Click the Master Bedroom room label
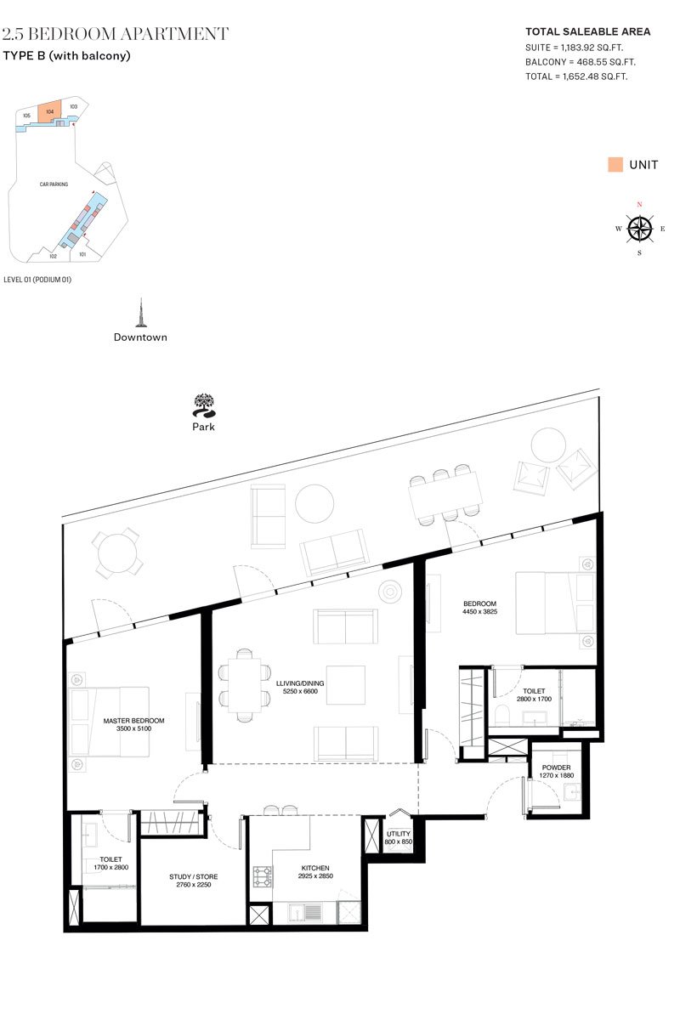[x=133, y=721]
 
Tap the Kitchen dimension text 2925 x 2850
[x=315, y=875]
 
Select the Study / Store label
[x=193, y=876]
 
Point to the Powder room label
[x=556, y=768]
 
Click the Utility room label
[x=399, y=834]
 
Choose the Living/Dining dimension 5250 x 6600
[x=300, y=691]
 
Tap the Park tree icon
[x=204, y=405]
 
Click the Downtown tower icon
[x=141, y=313]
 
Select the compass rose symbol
[x=639, y=229]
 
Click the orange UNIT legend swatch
[x=615, y=164]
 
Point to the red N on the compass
[x=639, y=205]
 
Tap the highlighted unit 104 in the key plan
[x=49, y=112]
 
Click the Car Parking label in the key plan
[x=54, y=184]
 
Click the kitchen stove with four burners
[x=263, y=876]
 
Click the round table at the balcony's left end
[x=117, y=553]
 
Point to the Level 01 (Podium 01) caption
[x=37, y=280]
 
